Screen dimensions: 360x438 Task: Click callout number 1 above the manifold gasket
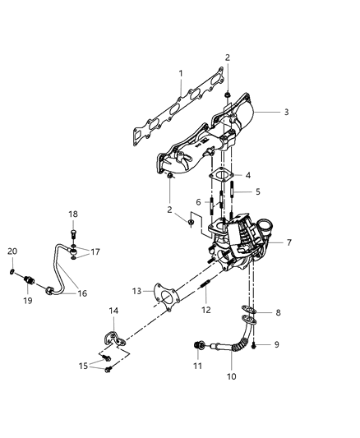[181, 73]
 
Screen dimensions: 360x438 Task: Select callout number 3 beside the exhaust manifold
[286, 112]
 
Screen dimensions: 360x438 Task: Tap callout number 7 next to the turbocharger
[289, 242]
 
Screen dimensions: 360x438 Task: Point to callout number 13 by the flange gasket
[137, 291]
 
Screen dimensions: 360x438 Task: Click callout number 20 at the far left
[12, 251]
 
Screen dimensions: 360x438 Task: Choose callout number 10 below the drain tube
[231, 376]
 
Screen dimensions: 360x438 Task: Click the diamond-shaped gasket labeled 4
[222, 175]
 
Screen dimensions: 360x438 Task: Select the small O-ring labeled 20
[12, 271]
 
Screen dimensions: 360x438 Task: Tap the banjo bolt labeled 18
[73, 234]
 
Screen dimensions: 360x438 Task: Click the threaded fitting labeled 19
[29, 279]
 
